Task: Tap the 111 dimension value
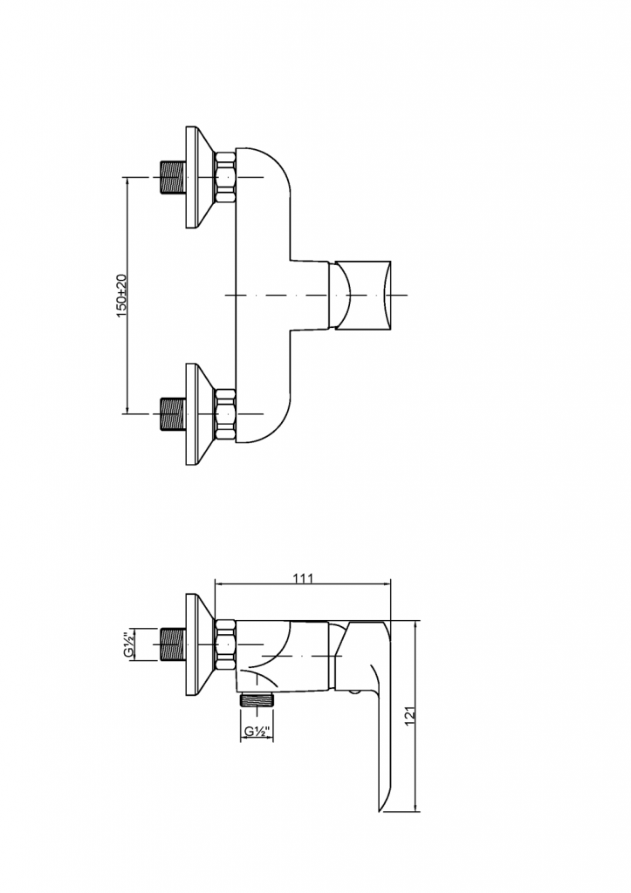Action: tap(304, 577)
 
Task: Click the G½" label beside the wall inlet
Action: tap(128, 645)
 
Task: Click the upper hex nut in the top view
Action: tap(225, 179)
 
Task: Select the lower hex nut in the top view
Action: tap(225, 412)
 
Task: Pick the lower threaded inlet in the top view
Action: tap(173, 412)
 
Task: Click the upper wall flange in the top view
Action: tap(198, 179)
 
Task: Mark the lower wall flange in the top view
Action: tap(198, 412)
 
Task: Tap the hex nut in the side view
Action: tap(225, 645)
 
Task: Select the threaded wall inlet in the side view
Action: tap(173, 645)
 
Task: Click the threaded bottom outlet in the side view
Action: tap(257, 699)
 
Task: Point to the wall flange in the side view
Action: tap(198, 645)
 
